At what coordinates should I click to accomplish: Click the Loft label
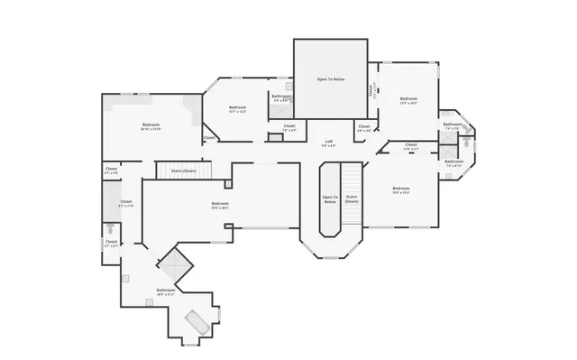[x=329, y=141]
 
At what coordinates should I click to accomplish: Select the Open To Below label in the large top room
[x=331, y=79]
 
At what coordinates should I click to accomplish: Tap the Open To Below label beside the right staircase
[x=330, y=199]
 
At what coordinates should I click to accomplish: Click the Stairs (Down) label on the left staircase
[x=183, y=171]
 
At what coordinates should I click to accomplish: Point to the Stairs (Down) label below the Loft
[x=352, y=199]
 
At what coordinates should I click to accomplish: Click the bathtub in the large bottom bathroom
[x=197, y=322]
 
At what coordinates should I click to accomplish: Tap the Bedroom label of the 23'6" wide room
[x=220, y=204]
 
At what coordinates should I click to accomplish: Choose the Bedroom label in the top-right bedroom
[x=408, y=98]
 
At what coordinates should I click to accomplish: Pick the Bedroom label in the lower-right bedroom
[x=401, y=188]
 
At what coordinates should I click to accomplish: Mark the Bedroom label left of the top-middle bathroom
[x=237, y=107]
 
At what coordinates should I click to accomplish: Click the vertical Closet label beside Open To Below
[x=370, y=90]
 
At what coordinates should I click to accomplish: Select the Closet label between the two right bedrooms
[x=410, y=144]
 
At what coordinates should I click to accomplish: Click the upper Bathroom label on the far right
[x=452, y=125]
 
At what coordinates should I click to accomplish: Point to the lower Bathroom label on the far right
[x=453, y=162]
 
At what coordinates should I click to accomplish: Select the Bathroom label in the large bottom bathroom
[x=165, y=290]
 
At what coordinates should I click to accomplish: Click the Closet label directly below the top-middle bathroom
[x=288, y=125]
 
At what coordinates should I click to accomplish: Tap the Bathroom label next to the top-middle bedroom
[x=280, y=96]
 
